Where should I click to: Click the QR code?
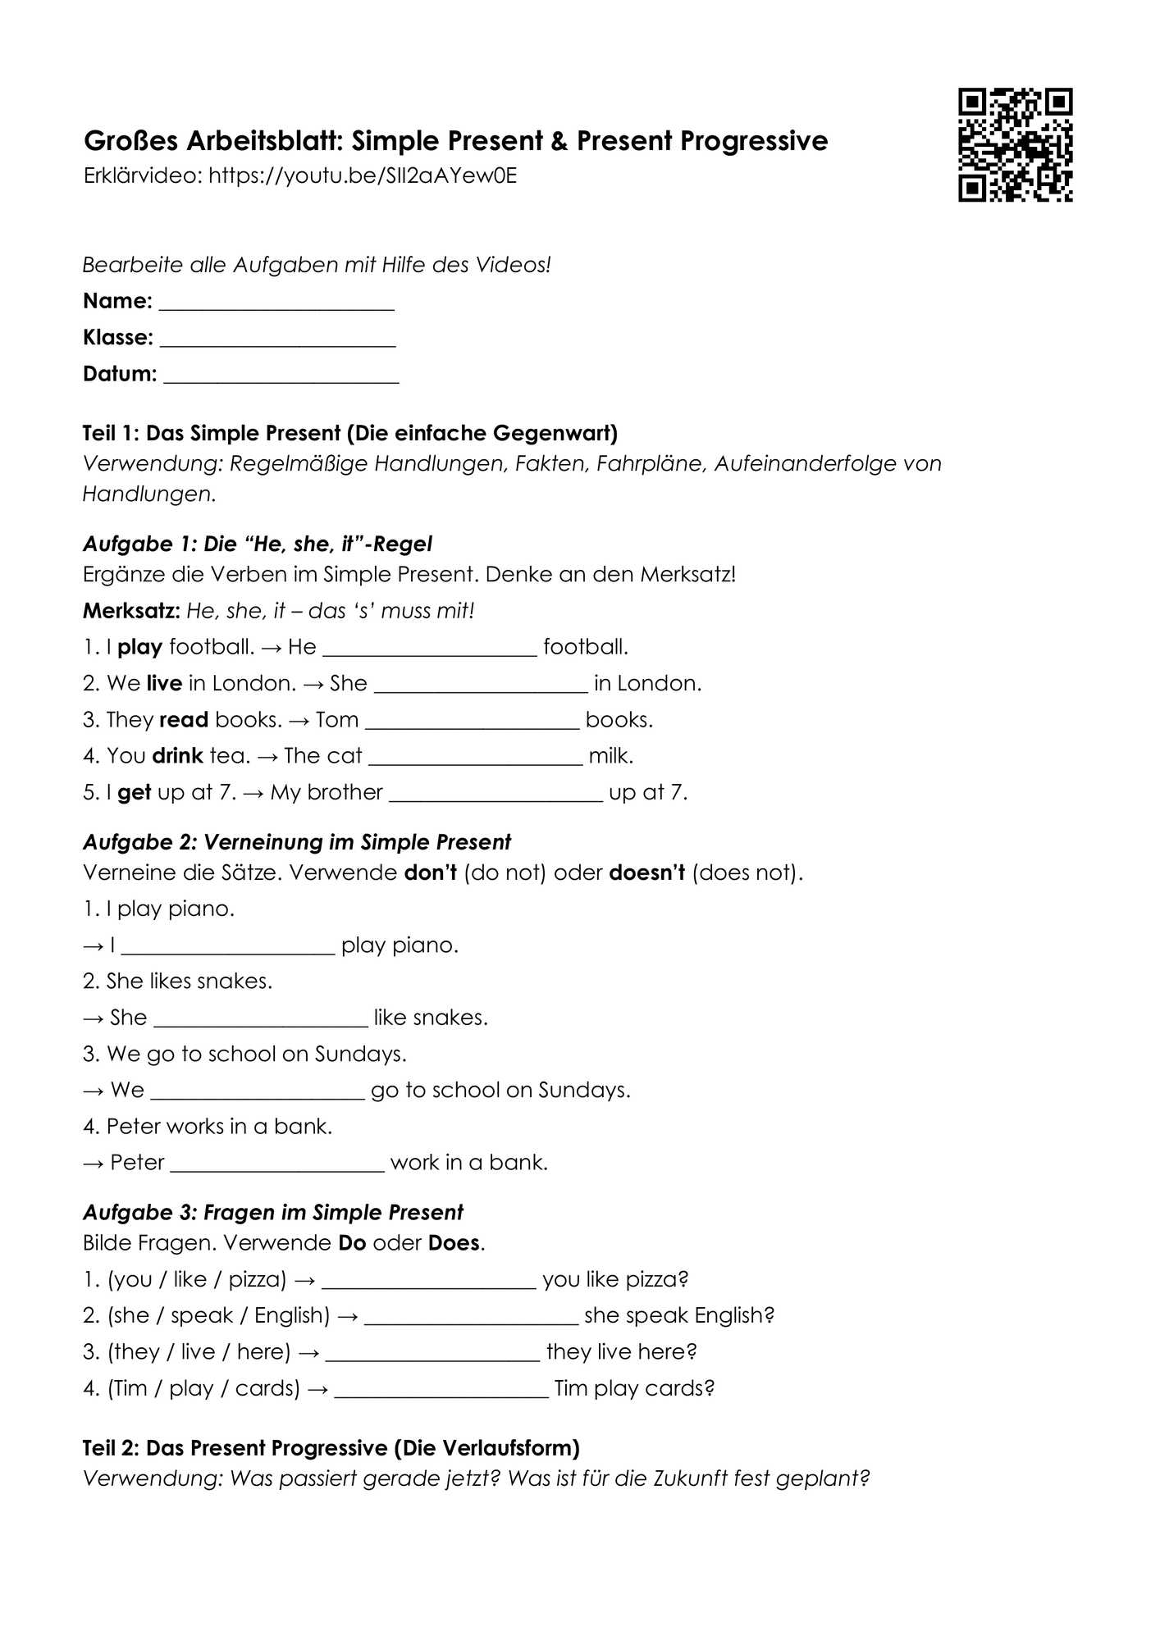[x=1015, y=145]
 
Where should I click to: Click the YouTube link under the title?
[x=363, y=176]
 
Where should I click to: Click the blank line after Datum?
[x=281, y=377]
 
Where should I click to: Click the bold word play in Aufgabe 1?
[x=139, y=647]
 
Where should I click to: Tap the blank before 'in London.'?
[x=481, y=687]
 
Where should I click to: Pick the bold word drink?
[x=177, y=755]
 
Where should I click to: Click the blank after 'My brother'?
[x=496, y=796]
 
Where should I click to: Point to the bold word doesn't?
[x=646, y=872]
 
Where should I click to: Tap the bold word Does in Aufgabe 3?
[x=454, y=1243]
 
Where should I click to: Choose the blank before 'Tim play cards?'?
[x=441, y=1392]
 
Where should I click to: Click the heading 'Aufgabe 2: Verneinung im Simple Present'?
[x=297, y=842]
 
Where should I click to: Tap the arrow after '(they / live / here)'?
[x=308, y=1352]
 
